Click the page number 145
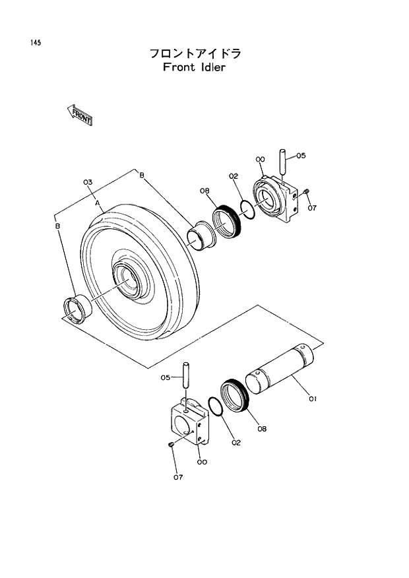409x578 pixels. coord(35,43)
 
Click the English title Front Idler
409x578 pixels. coord(193,67)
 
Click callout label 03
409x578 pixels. coord(87,181)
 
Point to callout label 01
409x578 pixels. coord(313,398)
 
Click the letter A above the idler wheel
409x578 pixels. coord(98,205)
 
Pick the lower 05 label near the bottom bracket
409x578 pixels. coord(166,377)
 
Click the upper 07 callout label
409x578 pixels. coord(312,208)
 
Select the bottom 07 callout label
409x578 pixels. coord(177,477)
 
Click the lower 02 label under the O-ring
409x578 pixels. coord(236,443)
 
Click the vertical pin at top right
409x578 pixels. coord(281,163)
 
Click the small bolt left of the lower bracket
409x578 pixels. coord(171,446)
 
